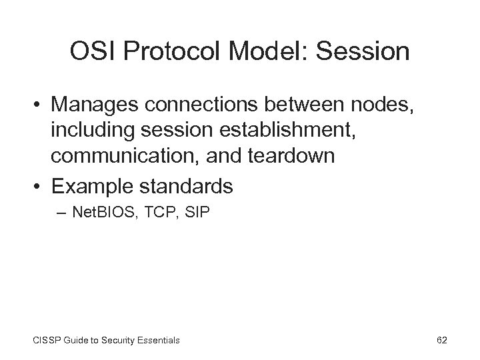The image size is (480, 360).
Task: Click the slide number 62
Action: (442, 340)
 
